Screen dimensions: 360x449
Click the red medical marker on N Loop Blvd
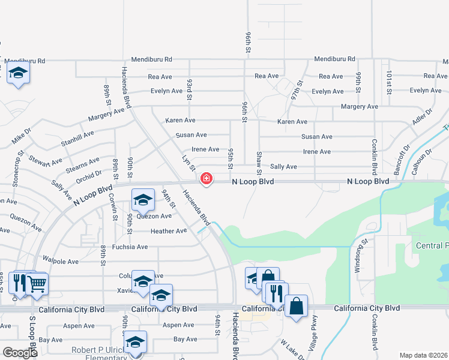206,178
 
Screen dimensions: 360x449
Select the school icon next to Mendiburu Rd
19,73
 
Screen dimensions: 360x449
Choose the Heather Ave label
169,231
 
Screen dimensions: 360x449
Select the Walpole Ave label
61,262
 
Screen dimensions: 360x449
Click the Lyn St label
188,163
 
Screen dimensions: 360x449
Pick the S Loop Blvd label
32,331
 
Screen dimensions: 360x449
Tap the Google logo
20,352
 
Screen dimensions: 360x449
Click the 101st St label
389,80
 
